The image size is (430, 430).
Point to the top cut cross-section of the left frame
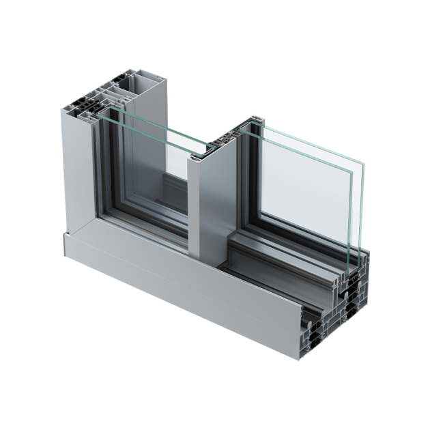tap(85, 113)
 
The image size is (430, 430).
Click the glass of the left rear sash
tap(147, 171)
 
